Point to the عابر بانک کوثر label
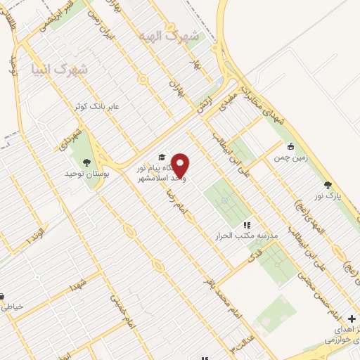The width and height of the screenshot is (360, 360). tap(98, 106)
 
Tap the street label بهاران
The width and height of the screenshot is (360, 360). tap(175, 92)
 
